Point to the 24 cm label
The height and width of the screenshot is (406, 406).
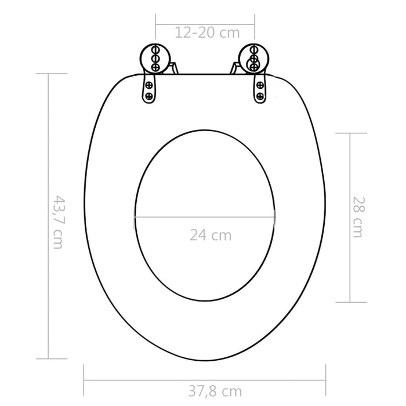point(210,235)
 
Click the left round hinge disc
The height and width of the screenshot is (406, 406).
point(155,59)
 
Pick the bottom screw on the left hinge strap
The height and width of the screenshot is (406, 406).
point(149,96)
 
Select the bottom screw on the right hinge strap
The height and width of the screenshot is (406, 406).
point(260,96)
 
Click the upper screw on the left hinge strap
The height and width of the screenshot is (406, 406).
point(149,86)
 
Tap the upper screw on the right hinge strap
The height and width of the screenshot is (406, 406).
point(260,86)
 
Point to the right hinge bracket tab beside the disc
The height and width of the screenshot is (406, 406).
point(234,68)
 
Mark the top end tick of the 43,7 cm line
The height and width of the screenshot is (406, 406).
point(49,74)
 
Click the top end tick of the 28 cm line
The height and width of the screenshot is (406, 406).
point(350,133)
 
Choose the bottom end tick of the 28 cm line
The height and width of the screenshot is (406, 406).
point(350,302)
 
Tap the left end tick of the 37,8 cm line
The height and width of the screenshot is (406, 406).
point(85,379)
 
